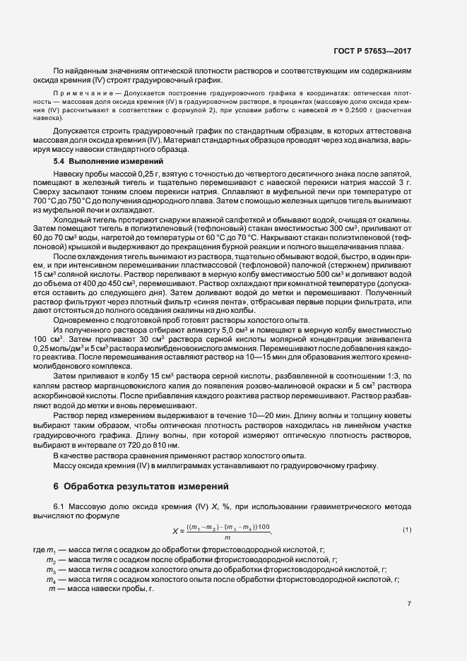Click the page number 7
[x=410, y=604]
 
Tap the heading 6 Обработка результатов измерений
[x=140, y=487]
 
